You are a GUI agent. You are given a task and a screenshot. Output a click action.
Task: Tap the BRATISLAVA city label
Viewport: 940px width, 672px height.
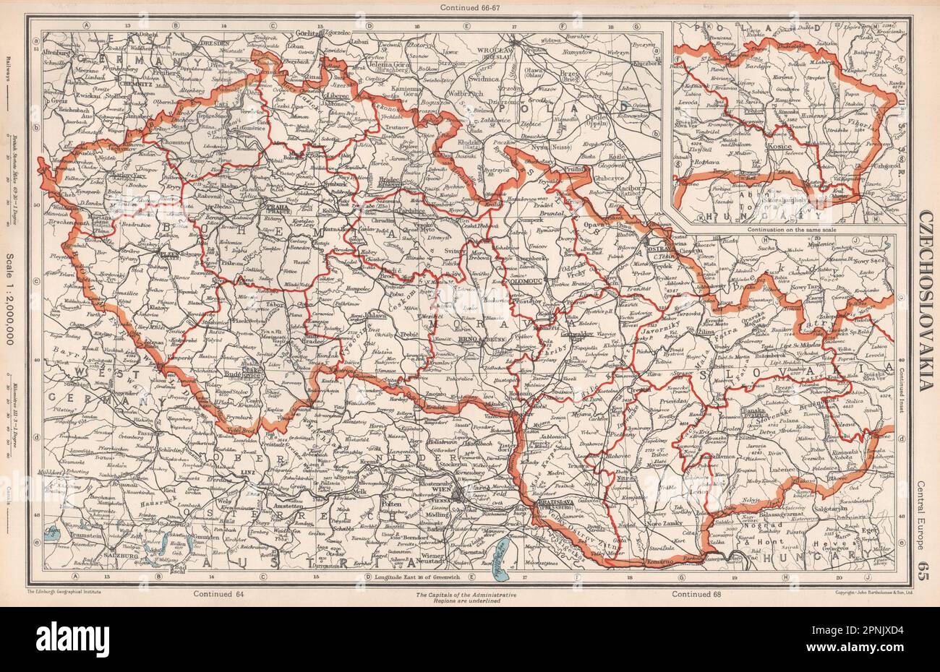555,503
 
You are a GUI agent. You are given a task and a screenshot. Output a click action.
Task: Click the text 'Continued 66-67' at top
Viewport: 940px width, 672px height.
469,7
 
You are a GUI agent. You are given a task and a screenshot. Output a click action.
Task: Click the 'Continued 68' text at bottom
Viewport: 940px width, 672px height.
695,594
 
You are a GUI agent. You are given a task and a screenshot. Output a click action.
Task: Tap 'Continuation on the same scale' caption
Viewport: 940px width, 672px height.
782,229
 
